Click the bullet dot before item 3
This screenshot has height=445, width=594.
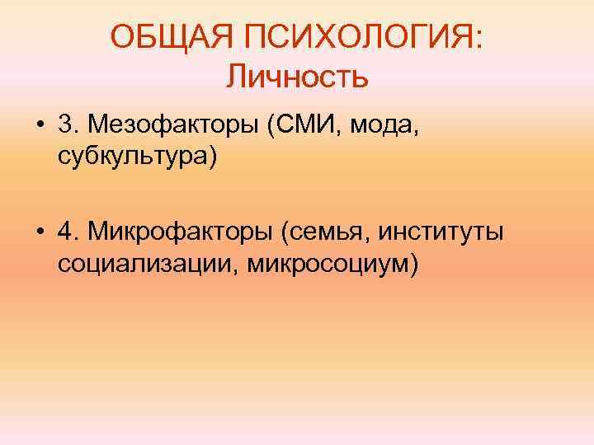[x=40, y=127]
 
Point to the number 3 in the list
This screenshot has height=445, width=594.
[x=65, y=126]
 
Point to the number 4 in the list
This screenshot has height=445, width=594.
[x=65, y=234]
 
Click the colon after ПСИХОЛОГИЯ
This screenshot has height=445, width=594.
[x=479, y=39]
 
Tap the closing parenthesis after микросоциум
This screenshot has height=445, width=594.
[x=414, y=264]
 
